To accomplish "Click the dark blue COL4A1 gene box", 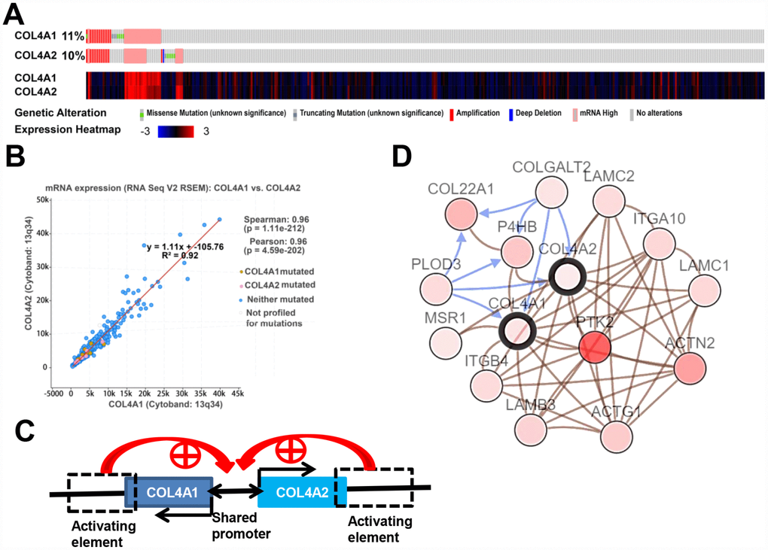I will tap(170, 491).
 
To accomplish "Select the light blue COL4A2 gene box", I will tap(302, 491).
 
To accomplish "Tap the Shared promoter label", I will tap(233, 525).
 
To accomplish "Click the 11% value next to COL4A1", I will tap(72, 36).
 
